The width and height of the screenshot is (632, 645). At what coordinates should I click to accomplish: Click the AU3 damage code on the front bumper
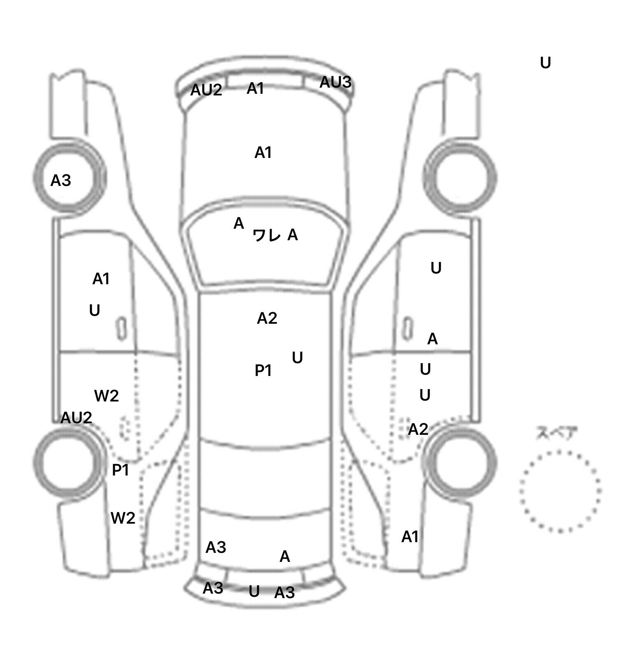(x=335, y=82)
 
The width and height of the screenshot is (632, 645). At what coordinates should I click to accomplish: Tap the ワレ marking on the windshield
(x=267, y=235)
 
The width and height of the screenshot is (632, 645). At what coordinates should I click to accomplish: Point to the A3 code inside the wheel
(x=60, y=180)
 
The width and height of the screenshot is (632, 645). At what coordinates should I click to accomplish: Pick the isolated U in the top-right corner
(x=545, y=63)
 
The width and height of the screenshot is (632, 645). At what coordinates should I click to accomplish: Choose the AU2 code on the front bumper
(x=206, y=90)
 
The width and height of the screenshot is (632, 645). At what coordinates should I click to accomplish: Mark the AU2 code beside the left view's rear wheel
(x=76, y=418)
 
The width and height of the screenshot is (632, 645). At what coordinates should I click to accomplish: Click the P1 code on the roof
(x=263, y=371)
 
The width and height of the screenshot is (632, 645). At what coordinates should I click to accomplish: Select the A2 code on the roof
(x=267, y=318)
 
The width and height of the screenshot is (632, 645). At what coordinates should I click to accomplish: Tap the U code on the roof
(x=297, y=358)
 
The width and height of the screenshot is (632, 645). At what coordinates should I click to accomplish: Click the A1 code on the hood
(x=263, y=153)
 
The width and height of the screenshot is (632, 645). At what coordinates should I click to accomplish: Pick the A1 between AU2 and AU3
(x=255, y=88)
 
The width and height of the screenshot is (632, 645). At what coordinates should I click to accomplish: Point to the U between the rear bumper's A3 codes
(x=254, y=592)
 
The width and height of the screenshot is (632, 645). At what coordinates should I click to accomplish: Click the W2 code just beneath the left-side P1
(x=123, y=518)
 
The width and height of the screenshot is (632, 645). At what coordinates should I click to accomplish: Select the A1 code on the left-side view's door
(x=101, y=279)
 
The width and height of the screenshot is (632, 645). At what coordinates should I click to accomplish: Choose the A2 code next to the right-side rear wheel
(x=418, y=429)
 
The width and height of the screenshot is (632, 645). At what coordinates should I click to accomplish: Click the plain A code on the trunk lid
(x=285, y=557)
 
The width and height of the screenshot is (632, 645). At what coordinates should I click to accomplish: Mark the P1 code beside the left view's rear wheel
(x=121, y=470)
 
